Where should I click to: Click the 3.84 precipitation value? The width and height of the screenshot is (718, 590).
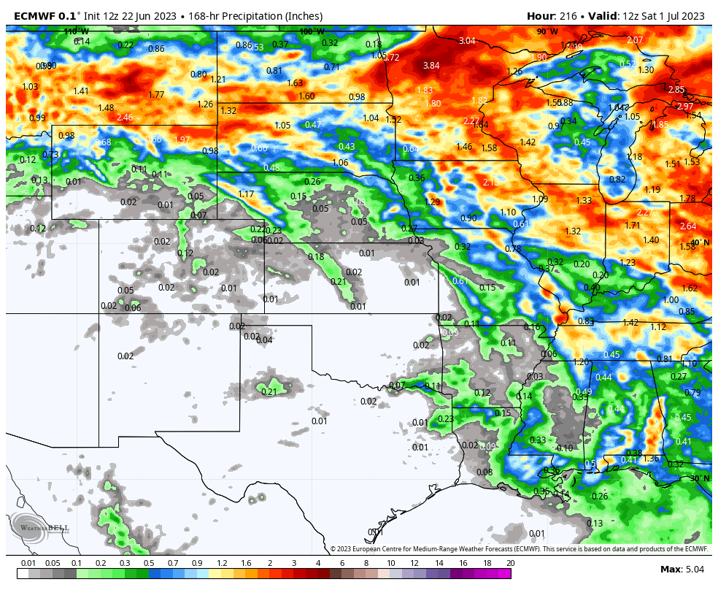431,66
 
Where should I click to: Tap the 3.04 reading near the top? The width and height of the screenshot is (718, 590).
467,40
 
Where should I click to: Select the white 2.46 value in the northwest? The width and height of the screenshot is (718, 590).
125,118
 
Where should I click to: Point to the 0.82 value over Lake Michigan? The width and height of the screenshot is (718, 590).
617,180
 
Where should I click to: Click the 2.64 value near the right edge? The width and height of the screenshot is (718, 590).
688,226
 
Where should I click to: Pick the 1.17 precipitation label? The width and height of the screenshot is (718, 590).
246,194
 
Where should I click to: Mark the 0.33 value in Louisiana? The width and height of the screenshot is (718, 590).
538,440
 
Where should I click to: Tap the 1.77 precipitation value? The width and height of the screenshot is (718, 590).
156,95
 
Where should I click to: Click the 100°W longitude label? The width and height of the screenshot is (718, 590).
312,31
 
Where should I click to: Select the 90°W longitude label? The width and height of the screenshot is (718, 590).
547,31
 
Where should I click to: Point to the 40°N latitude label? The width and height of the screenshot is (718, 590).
699,242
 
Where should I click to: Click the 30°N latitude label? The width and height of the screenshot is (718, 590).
699,478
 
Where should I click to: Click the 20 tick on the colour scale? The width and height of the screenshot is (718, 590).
510,563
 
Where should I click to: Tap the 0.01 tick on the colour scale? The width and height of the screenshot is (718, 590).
28,563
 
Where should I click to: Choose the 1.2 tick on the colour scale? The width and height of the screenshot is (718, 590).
222,563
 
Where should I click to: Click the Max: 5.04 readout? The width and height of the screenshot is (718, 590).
682,570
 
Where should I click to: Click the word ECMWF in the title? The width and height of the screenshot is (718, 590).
35,16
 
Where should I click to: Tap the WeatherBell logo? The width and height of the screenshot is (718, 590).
40,527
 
